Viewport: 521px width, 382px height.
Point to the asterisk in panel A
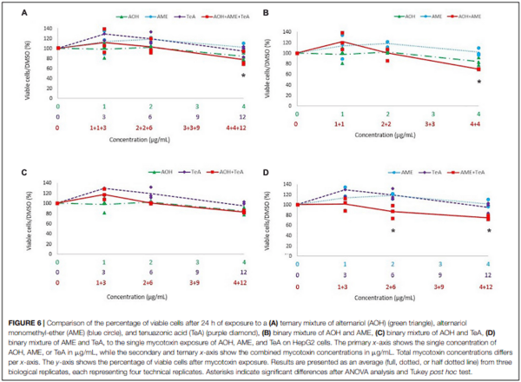click(x=243, y=76)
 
